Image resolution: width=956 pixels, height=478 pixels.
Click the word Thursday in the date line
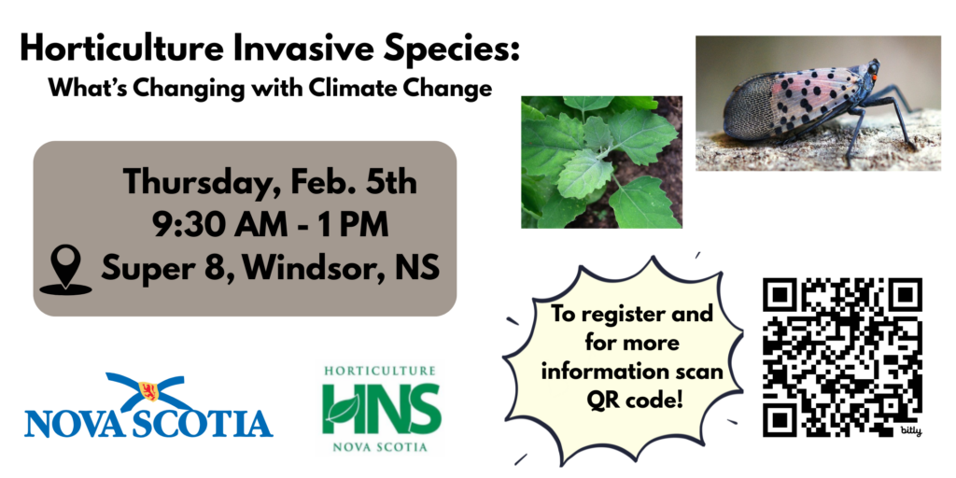[x=197, y=184]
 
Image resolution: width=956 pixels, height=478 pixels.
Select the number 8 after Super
[x=222, y=268]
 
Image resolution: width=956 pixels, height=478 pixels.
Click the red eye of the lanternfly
[x=874, y=77]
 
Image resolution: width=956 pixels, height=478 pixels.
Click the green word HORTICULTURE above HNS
[x=381, y=371]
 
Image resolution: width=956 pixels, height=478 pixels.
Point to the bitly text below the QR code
[x=910, y=431]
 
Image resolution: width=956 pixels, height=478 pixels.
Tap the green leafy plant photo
[x=601, y=162]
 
